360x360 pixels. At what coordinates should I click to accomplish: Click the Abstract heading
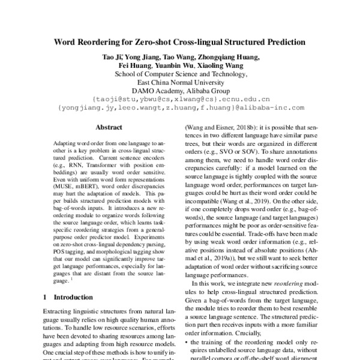pyautogui.click(x=109, y=127)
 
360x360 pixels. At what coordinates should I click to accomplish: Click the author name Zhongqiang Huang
pyautogui.click(x=224, y=56)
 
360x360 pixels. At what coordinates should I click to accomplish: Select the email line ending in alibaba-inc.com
pyautogui.click(x=180, y=109)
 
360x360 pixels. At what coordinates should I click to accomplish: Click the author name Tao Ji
pyautogui.click(x=111, y=56)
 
